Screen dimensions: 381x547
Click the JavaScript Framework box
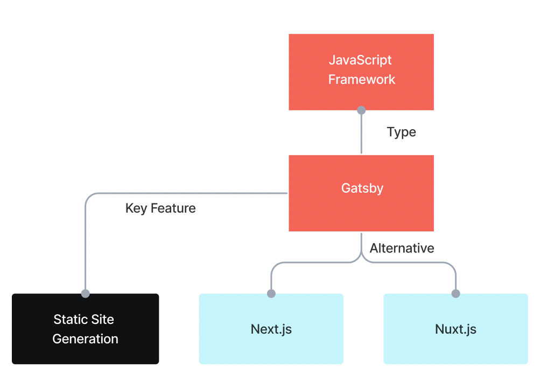361,72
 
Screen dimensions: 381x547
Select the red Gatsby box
361,193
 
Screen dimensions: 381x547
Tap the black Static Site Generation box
85,328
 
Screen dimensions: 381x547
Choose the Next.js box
271,329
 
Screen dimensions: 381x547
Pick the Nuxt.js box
455,329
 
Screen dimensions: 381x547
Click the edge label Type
401,132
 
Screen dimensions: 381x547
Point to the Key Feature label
160,208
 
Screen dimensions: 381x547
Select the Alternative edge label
402,248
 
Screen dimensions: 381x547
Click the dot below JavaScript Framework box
361,110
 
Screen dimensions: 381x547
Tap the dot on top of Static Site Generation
85,293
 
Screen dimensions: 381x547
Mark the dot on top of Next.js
271,293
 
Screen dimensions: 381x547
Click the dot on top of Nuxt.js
455,293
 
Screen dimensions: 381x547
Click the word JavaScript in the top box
360,60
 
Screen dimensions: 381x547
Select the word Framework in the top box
362,80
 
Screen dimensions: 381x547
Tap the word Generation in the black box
85,339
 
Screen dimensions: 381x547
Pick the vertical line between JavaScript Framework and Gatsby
361,135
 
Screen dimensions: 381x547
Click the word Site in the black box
102,319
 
